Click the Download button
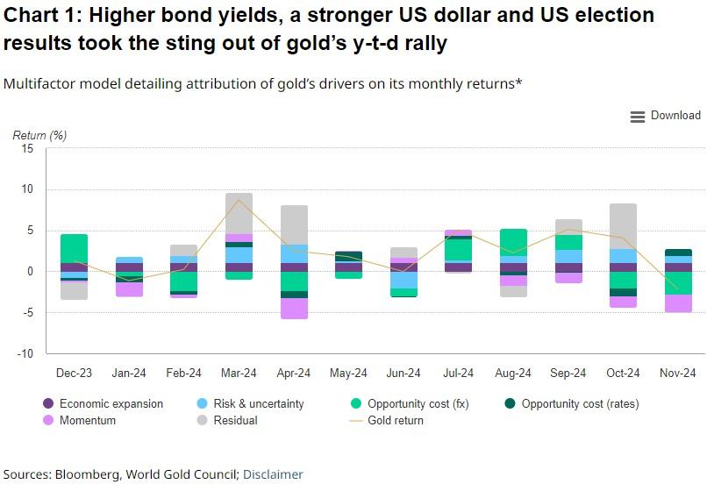pos(666,116)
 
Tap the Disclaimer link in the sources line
pos(273,474)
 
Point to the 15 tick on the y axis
pos(27,149)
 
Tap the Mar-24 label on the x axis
pos(239,374)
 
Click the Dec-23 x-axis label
pos(75,374)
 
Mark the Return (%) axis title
pos(39,135)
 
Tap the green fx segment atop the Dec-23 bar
pos(75,248)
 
